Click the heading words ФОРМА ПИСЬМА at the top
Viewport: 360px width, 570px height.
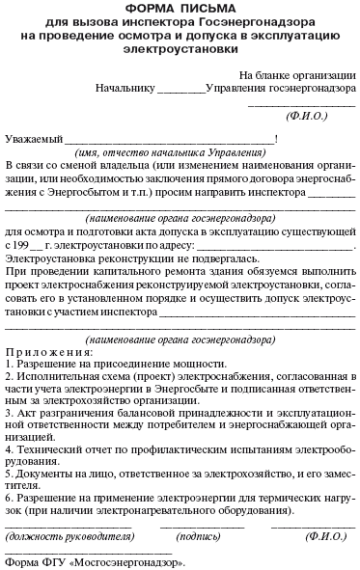coord(180,9)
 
